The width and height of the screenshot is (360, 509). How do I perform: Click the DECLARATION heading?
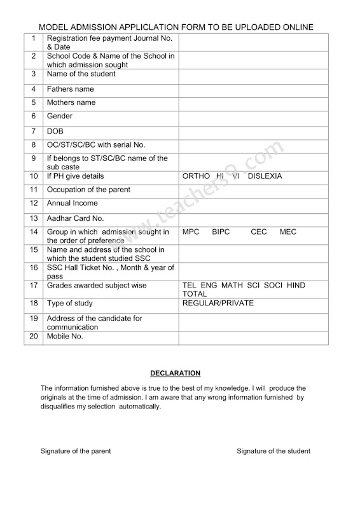[175, 373]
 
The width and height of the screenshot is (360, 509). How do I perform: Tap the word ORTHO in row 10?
[195, 176]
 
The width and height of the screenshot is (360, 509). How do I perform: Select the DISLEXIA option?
[265, 176]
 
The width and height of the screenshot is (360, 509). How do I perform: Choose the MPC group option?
[191, 232]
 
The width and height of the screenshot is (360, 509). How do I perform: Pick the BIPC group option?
[222, 232]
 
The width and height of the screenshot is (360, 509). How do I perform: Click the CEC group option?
[259, 232]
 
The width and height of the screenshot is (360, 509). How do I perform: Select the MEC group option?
[287, 232]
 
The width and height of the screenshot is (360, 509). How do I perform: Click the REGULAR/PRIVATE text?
[218, 303]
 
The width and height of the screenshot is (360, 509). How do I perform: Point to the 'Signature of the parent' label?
[76, 450]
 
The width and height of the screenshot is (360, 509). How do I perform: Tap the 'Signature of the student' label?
[273, 450]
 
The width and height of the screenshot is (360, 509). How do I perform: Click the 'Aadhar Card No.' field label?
[76, 218]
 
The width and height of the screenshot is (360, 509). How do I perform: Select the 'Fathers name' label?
[70, 89]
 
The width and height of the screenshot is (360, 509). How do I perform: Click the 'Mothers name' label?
[71, 102]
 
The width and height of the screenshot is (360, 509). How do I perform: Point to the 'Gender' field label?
[60, 116]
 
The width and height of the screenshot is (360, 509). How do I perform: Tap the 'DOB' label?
[55, 131]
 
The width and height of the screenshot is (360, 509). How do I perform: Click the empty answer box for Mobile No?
[253, 337]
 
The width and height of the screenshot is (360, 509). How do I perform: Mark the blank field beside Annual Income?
[253, 204]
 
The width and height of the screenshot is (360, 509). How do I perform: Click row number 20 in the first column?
[34, 337]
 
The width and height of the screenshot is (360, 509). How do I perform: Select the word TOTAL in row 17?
[195, 295]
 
